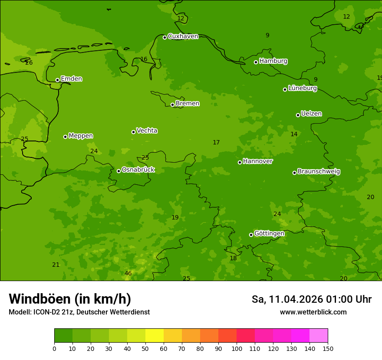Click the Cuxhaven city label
(183, 36)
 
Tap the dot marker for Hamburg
(256, 62)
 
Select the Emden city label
(71, 79)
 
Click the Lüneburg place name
(302, 88)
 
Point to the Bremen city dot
(172, 105)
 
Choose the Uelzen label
(311, 114)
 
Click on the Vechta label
(147, 131)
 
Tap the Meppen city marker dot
(65, 137)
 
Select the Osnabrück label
(138, 170)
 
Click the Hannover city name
(257, 161)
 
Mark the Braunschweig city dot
(294, 173)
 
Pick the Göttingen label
(269, 234)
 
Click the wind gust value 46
(128, 273)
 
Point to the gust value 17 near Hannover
(216, 143)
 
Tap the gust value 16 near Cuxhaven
(144, 59)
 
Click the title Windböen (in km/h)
(70, 299)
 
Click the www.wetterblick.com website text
(313, 312)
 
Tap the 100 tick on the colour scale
(237, 348)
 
